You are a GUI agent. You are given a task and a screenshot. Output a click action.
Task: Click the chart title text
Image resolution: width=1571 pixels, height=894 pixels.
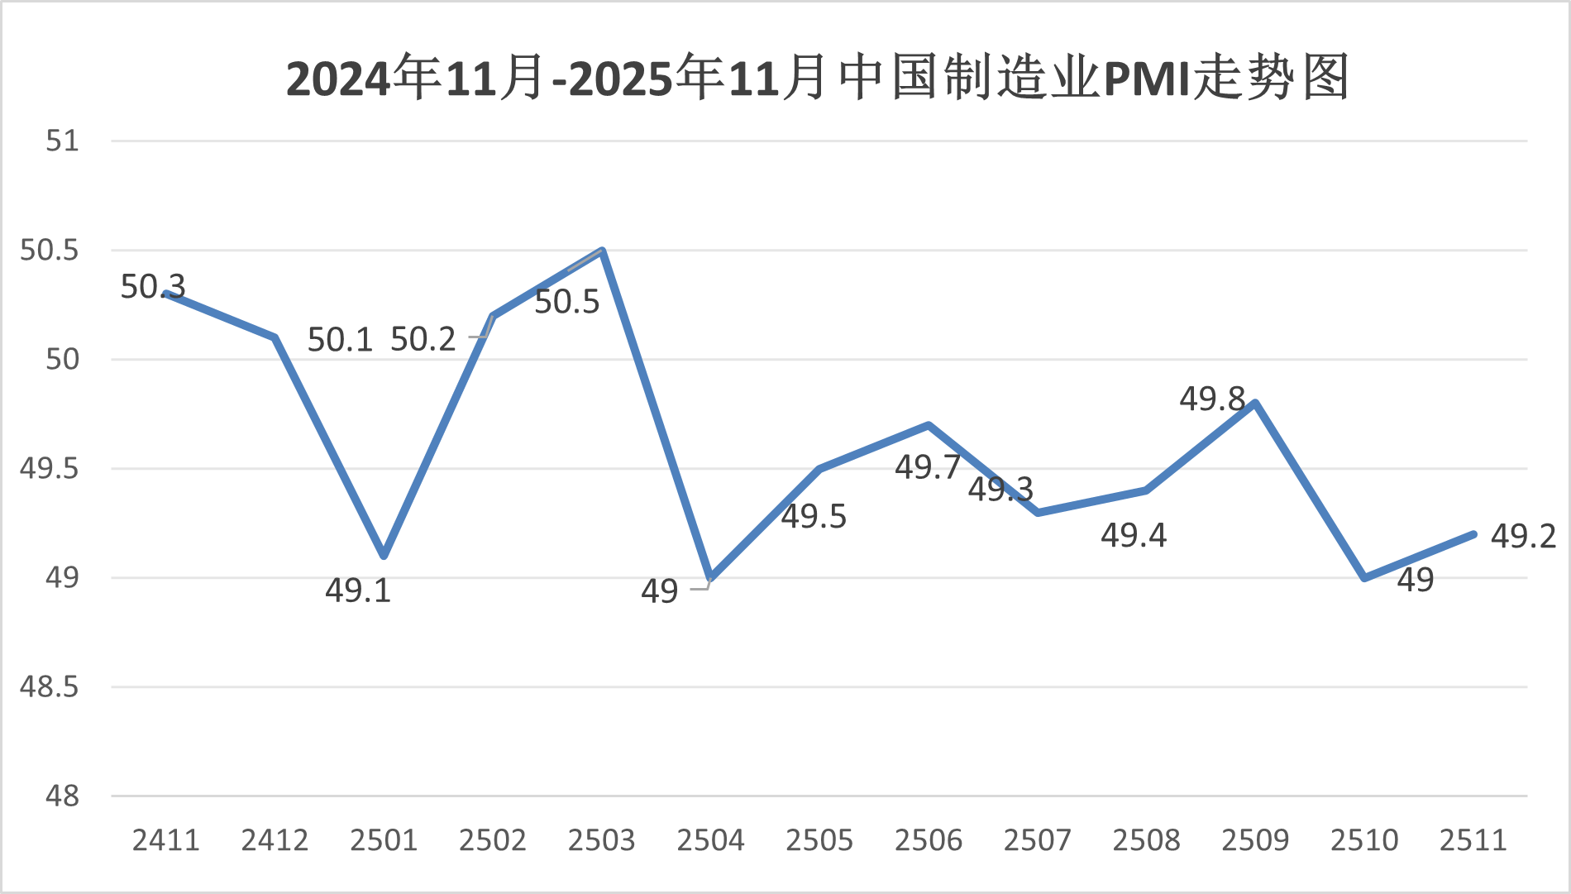tap(817, 79)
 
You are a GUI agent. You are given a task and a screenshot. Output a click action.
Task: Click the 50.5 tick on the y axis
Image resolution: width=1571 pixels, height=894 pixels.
tap(50, 250)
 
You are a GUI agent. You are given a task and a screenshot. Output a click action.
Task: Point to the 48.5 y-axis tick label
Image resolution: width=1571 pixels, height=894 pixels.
tap(50, 686)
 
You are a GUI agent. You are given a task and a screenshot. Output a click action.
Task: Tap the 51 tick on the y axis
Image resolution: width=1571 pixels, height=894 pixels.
tap(62, 141)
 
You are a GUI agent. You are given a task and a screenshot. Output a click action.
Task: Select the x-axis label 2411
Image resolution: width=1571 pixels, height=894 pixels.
tap(166, 840)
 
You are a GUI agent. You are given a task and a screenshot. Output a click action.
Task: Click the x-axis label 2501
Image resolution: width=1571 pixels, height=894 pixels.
tap(384, 840)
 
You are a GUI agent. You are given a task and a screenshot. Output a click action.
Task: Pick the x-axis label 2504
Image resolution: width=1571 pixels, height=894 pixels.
tap(710, 840)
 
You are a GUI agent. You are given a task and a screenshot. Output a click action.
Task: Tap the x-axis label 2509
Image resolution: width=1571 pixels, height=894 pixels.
tap(1255, 840)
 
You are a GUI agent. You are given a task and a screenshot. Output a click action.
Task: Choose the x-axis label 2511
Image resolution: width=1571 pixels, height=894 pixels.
tap(1473, 840)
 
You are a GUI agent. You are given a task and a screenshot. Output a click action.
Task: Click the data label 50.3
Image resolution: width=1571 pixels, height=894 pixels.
tap(153, 287)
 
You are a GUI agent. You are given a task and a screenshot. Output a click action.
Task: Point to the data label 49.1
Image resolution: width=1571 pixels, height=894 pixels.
tap(358, 590)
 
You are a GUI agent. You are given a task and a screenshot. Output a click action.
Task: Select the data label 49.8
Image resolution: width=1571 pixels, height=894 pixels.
tap(1212, 399)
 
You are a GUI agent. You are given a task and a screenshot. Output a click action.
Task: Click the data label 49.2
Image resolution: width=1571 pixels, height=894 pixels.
tap(1523, 537)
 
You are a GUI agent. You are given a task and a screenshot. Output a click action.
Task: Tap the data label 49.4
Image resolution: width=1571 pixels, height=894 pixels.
tap(1134, 536)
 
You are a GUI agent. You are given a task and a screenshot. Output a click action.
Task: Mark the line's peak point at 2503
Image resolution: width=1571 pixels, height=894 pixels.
tap(602, 251)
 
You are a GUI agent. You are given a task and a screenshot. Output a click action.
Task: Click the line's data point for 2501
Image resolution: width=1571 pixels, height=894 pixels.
tap(384, 556)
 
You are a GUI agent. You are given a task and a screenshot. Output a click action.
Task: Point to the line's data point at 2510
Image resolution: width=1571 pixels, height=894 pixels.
tap(1364, 577)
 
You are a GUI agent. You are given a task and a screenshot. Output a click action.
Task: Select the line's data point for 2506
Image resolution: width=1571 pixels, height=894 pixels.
tap(929, 425)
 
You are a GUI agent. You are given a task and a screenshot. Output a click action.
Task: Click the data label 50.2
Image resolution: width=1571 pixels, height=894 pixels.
tap(423, 339)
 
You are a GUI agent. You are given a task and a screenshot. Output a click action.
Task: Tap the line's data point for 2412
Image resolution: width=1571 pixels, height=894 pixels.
tap(275, 337)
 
